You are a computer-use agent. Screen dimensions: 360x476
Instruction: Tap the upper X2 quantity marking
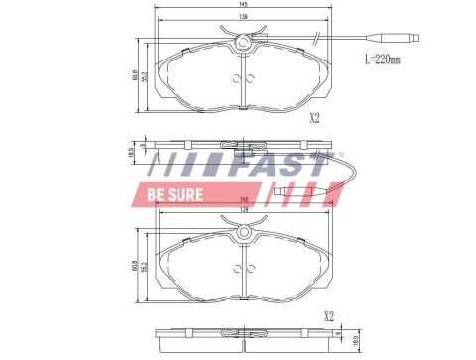pos(314,118)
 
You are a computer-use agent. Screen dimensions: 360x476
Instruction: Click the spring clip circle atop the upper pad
pos(243,41)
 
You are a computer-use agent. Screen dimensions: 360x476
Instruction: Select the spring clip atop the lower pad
pos(243,234)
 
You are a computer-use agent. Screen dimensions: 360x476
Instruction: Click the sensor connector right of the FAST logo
pos(285,190)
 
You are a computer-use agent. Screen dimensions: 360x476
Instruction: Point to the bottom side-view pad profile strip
pos(243,337)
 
